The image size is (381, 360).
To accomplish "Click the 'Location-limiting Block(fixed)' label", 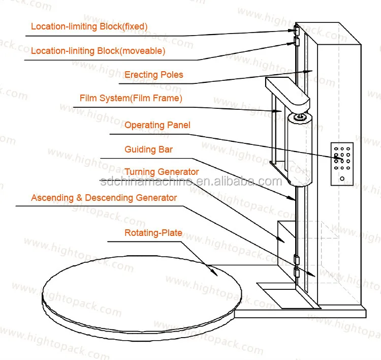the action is [89, 26].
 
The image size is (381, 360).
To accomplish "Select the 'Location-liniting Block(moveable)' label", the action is [98, 51].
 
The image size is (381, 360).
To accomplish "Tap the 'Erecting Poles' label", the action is [154, 75].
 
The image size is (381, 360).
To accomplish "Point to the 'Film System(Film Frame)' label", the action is [131, 98].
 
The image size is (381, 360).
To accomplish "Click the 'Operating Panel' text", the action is [157, 125].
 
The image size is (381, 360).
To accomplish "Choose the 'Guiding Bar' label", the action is [148, 149].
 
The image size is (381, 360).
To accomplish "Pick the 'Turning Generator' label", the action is [162, 172].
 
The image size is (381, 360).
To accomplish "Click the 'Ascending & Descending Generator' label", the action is [104, 198].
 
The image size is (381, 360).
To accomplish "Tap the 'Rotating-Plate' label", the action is [153, 233].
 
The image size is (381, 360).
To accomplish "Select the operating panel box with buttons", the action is [342, 164].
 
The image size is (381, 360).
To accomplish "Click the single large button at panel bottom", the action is [342, 179].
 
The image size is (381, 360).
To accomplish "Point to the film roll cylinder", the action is [300, 149].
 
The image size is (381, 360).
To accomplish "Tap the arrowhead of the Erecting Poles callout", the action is [308, 72].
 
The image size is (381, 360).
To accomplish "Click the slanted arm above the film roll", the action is [288, 92].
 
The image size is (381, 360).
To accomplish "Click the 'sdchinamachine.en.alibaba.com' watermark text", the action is [191, 181].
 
